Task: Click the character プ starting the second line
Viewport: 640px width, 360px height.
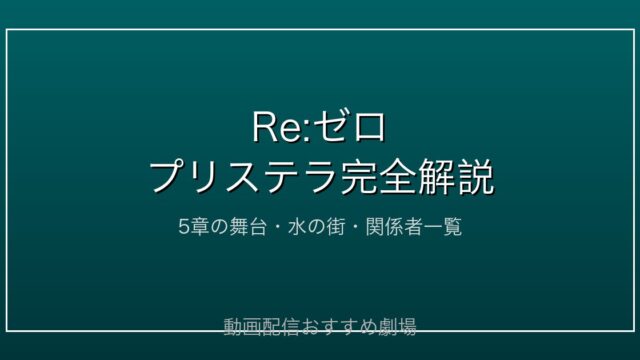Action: point(167,176)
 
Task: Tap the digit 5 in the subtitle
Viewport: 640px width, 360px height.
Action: point(184,227)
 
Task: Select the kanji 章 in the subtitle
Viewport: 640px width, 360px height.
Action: point(199,227)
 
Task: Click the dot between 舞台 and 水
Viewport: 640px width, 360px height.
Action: point(277,227)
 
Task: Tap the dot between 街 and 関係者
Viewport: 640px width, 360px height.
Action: point(354,227)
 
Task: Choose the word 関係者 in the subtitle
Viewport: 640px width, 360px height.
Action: point(394,227)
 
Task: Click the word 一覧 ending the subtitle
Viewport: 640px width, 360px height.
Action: point(443,227)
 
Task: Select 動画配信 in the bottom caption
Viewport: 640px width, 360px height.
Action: point(262,327)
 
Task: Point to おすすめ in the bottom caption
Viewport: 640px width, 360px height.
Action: point(339,327)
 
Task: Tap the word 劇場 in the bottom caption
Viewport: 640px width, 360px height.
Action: point(397,327)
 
